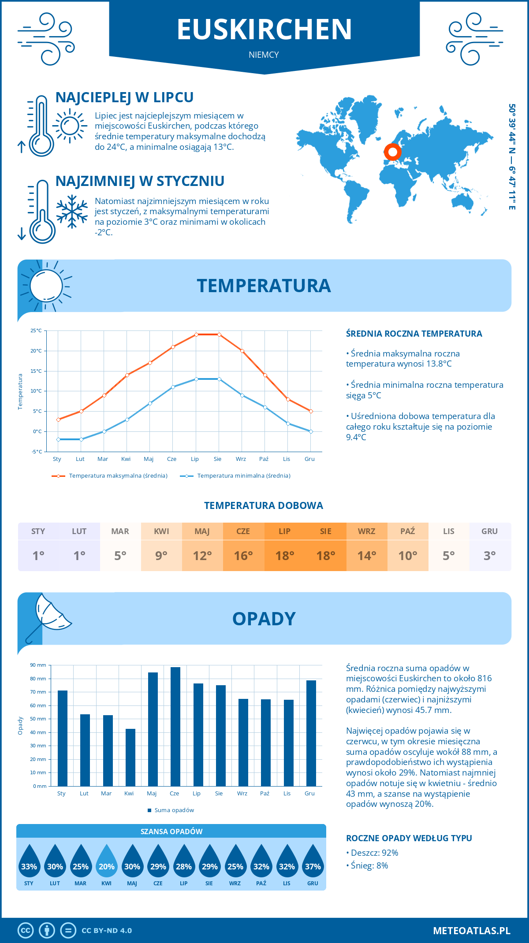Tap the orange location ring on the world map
tap(392, 152)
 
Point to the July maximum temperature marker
tap(196, 334)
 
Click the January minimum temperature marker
tap(58, 439)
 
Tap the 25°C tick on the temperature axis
tap(36, 330)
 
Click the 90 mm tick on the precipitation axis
tap(38, 665)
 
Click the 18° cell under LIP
tap(285, 556)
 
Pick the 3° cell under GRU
tap(490, 556)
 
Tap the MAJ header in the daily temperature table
tap(202, 531)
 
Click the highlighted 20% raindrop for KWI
tap(107, 862)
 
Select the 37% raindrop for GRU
tap(313, 862)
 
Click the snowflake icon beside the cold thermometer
tap(72, 212)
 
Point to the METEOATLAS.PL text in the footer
tap(472, 931)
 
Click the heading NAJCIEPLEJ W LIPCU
tap(124, 97)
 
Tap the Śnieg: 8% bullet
tap(369, 865)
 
